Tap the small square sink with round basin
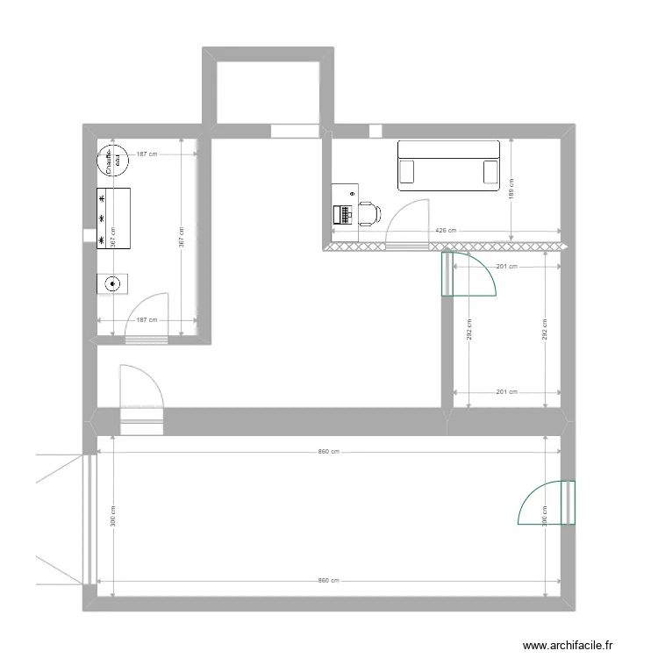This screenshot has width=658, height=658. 112,283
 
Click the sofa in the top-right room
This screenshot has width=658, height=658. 448,165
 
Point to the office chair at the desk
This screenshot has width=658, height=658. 370,212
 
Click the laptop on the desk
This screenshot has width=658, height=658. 343,212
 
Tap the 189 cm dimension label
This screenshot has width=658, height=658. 512,188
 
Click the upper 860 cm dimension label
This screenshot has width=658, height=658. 329,452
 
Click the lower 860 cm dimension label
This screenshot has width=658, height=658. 329,581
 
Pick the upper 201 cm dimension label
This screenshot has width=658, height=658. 506,267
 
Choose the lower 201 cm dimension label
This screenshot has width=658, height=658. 506,392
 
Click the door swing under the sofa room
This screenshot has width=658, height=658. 406,221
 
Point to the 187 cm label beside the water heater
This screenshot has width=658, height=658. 147,154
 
